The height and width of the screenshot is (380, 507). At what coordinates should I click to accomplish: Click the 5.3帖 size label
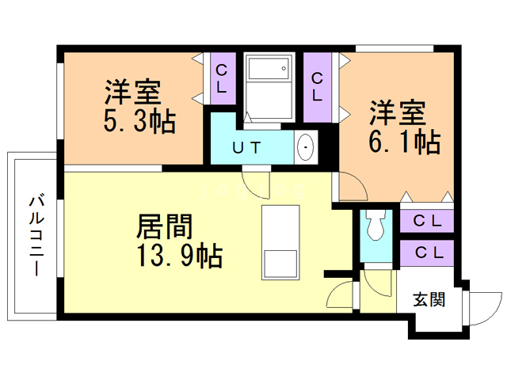(x=139, y=122)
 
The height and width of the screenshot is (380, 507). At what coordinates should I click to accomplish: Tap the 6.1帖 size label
(x=405, y=142)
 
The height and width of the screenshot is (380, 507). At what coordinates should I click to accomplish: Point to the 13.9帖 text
(x=180, y=255)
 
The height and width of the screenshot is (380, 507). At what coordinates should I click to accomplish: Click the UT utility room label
(x=246, y=148)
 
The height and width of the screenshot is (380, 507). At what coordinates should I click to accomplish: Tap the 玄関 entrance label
(x=429, y=299)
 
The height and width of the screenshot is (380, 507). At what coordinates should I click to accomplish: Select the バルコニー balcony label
(x=36, y=234)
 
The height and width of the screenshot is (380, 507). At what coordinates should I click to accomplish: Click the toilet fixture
(x=375, y=225)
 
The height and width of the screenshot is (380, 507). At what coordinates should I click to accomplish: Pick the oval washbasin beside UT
(x=305, y=148)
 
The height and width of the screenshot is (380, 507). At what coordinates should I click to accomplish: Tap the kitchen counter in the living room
(x=280, y=242)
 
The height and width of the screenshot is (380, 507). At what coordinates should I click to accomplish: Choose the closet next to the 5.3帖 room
(x=223, y=78)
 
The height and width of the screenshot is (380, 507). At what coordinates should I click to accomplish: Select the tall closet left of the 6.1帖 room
(x=318, y=87)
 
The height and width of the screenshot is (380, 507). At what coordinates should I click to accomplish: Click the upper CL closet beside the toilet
(x=427, y=222)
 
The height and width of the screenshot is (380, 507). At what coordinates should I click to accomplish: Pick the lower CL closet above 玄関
(x=427, y=253)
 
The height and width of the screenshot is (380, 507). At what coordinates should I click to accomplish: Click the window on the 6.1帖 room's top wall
(x=395, y=49)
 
